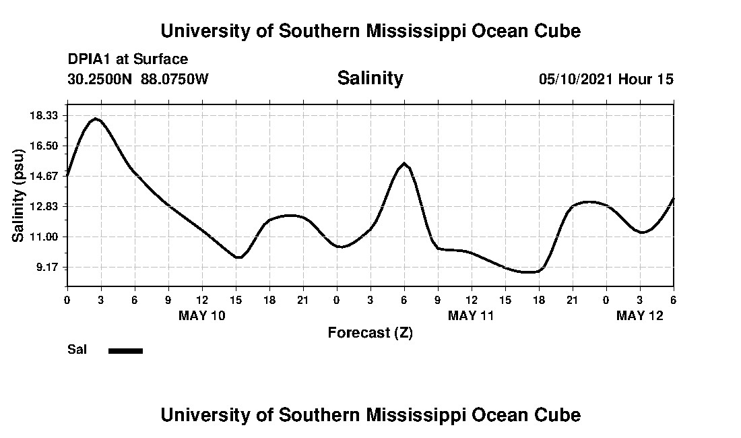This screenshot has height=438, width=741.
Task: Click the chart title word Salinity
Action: pos(370,78)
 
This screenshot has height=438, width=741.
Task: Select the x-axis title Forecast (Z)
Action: pos(370,332)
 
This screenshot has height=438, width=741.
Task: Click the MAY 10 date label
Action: pos(202,315)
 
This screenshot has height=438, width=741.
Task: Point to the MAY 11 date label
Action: pos(472,315)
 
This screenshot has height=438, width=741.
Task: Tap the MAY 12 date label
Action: pos(640,315)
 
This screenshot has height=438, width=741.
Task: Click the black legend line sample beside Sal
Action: pos(125,350)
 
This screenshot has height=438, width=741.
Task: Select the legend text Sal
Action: pos(77,350)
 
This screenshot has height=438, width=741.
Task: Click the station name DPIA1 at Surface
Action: pos(128,59)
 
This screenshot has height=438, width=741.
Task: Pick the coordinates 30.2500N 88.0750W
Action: pos(138,79)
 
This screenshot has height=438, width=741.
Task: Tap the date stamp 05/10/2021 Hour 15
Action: pos(606,79)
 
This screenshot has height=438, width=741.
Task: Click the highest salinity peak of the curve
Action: pos(96,119)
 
